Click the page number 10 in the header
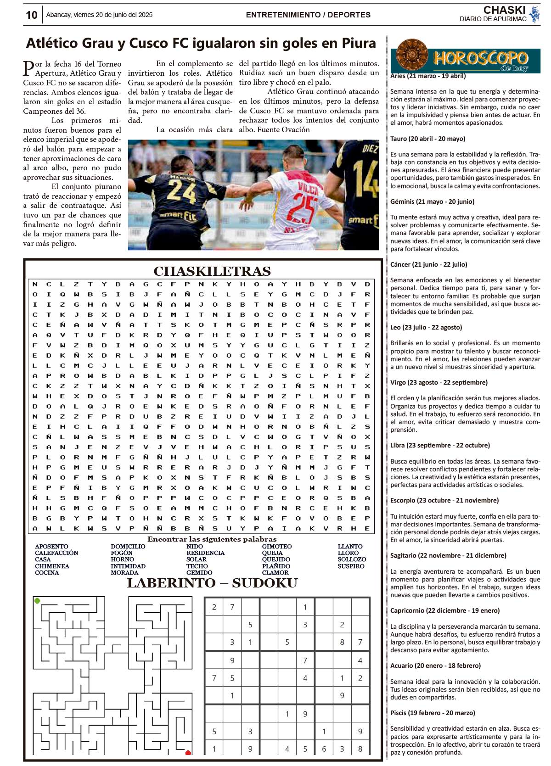point(31,15)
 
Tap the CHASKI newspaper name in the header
point(504,10)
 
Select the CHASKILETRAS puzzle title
point(212,271)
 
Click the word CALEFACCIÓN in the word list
point(56,553)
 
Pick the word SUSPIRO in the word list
point(351,566)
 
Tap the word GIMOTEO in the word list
point(277,547)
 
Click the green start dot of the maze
point(38,600)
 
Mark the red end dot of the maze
point(188,752)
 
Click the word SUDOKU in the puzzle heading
point(264,583)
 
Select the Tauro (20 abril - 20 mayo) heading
point(427,139)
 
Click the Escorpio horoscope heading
point(444,500)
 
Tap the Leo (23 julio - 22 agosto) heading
point(426,327)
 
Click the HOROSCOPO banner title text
point(480,58)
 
